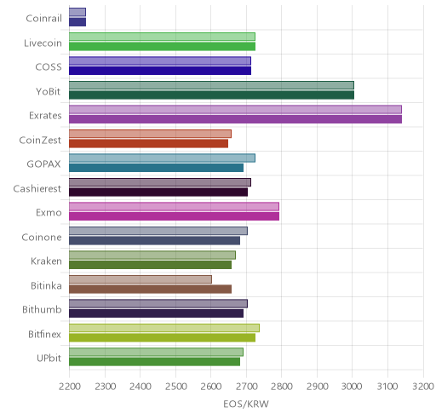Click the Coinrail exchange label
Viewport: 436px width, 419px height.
click(43, 19)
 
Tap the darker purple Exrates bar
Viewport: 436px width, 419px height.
click(235, 119)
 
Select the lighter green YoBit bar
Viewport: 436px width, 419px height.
click(211, 85)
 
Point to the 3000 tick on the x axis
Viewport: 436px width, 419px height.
click(352, 387)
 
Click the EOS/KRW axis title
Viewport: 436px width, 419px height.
click(246, 404)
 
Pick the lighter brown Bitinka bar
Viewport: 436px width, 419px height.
click(141, 279)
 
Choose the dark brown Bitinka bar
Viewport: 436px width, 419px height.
click(150, 290)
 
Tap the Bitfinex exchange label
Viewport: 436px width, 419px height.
click(44, 334)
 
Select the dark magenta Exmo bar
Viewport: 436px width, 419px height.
click(174, 216)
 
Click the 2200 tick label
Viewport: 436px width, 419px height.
click(69, 387)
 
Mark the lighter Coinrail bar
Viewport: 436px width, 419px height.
click(77, 12)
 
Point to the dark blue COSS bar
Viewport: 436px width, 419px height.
click(160, 71)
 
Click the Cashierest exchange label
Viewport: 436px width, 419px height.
click(37, 188)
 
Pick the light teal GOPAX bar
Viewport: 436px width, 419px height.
click(162, 158)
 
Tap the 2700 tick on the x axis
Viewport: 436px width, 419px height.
click(246, 387)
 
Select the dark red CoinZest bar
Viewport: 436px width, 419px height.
click(148, 144)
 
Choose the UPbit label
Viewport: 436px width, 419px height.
click(49, 359)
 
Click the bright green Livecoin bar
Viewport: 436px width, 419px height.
click(162, 46)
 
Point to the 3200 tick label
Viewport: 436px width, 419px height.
click(423, 387)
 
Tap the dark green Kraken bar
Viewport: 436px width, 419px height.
click(150, 265)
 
